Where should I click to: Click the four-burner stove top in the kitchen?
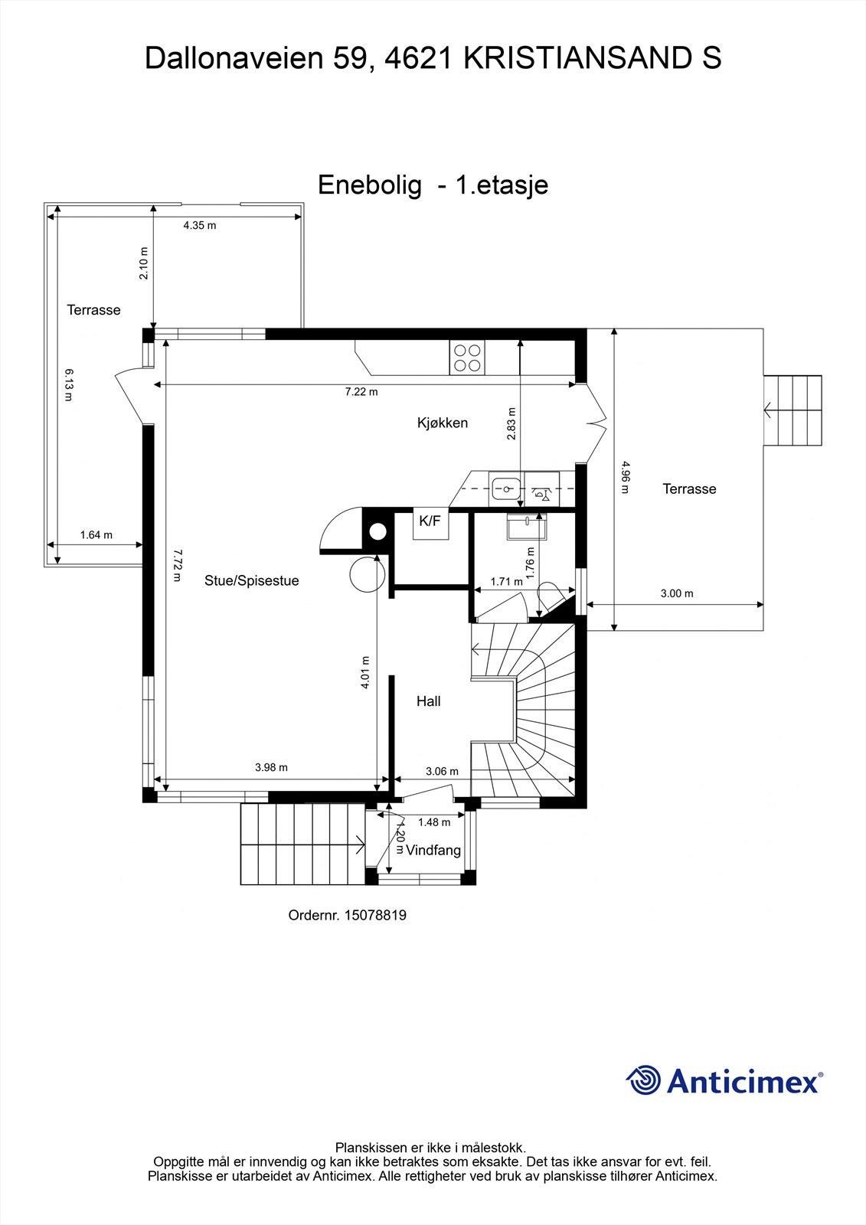point(467,358)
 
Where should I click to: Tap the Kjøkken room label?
point(442,423)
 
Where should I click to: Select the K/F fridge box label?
point(430,521)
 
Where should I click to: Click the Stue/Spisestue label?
point(251,581)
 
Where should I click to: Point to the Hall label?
point(428,701)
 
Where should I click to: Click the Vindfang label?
point(433,851)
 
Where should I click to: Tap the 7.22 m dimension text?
point(361,392)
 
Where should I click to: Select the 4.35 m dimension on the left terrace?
point(199,226)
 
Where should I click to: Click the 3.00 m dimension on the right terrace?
point(677,593)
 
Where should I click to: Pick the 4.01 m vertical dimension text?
point(365,672)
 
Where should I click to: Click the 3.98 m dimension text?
point(271,767)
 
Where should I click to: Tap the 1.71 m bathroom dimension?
point(506,582)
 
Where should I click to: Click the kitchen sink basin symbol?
point(505,487)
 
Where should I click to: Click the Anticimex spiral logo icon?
point(643,1080)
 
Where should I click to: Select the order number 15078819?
point(375,915)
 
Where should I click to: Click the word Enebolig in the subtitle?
point(370,185)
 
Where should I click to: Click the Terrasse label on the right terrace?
point(689,489)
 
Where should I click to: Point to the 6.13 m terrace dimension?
point(69,384)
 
